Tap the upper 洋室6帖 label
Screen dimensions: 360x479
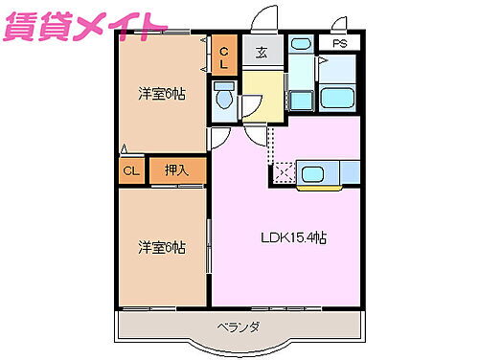tap(160, 94)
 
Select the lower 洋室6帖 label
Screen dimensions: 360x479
tap(160, 247)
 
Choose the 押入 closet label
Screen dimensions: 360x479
tap(177, 170)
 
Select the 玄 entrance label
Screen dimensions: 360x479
tap(261, 55)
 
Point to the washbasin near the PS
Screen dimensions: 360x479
tap(300, 44)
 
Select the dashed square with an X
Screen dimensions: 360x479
tap(284, 173)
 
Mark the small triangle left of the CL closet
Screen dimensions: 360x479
tap(125, 148)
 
